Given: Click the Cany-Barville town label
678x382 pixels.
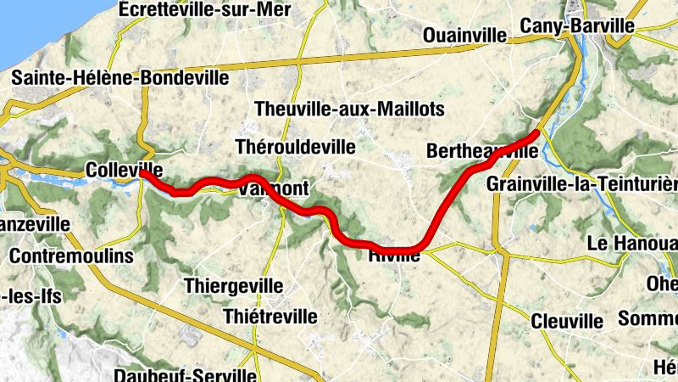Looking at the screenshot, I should coord(577,26).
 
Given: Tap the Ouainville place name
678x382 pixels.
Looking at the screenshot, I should coord(464,36).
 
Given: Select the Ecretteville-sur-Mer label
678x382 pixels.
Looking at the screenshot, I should coord(205,9).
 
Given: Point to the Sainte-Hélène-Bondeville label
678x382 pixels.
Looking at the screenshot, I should coord(119,78).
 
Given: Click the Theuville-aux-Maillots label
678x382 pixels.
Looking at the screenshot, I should coord(349,110).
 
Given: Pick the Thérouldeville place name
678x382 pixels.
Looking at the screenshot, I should coord(296,147).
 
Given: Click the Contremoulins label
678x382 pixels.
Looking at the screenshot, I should coord(72,256).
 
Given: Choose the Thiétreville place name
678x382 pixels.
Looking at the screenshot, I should coord(270,317).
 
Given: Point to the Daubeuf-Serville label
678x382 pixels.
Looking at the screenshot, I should coord(185,374).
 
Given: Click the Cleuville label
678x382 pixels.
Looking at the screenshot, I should coord(567,322).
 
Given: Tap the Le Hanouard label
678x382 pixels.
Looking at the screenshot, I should coord(631,243).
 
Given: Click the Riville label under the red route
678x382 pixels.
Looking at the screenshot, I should coord(394,254).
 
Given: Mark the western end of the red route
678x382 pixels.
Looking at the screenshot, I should coord(143,173).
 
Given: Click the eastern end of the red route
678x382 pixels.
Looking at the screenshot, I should coord(536,132).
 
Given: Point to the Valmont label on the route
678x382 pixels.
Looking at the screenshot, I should coord(270,188).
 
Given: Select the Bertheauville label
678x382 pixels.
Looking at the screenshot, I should coord(482,152).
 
